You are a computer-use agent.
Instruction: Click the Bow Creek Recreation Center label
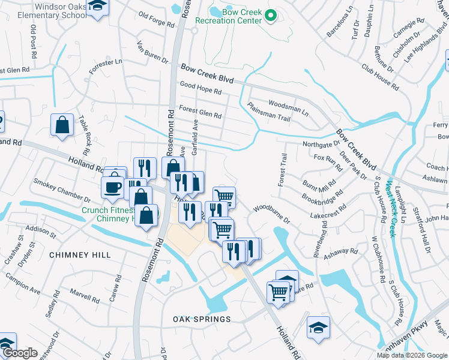coord(234,16)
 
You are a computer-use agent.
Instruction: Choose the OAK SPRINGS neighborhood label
coord(202,319)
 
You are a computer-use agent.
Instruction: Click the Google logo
coord(19,353)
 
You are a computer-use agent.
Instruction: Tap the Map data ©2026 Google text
coord(412,356)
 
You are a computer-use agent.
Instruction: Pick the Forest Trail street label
coord(282,169)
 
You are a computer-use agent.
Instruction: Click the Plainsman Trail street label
coord(268,112)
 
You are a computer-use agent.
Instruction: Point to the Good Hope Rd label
coord(200,89)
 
